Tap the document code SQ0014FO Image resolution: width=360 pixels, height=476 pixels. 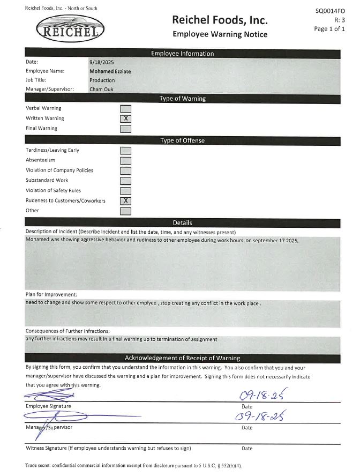331,11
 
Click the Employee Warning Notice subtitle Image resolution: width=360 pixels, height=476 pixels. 220,34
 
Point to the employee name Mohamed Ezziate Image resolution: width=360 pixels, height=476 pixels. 110,71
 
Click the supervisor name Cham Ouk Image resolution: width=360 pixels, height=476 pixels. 102,90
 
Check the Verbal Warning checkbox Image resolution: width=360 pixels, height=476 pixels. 126,109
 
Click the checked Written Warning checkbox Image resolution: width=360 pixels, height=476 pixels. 126,118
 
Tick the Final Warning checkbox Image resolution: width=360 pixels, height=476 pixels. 126,129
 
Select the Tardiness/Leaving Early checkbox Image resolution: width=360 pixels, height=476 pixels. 126,151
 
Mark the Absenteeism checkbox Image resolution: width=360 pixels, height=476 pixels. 126,160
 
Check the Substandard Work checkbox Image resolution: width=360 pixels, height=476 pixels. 126,181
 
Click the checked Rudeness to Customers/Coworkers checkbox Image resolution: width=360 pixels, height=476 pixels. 126,200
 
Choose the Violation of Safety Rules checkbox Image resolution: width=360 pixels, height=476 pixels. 126,191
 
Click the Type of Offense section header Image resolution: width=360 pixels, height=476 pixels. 182,140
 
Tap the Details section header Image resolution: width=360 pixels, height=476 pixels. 182,222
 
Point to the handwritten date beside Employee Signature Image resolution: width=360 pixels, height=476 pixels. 261,396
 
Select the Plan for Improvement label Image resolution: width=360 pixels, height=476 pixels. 51,294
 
